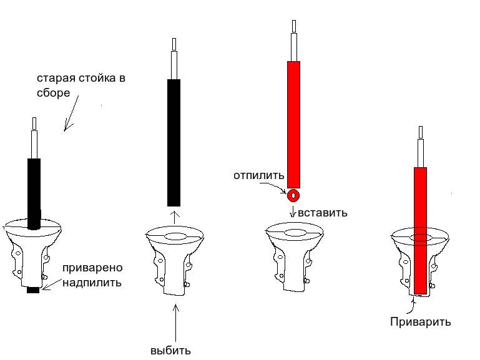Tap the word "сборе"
pos(53,93)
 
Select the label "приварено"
pos(92,268)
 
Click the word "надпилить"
pos(92,283)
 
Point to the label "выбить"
pos(170,351)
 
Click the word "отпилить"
pos(259,176)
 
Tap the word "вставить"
pos(323,213)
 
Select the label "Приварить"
pos(421,322)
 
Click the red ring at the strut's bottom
pos(293,195)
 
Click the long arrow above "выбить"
pos(176,323)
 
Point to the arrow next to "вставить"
pos(293,212)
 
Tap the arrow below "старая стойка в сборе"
pos(71,114)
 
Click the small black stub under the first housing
pos(33,290)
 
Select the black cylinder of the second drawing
pos(174,143)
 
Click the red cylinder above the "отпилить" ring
pos(293,125)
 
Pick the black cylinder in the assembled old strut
pos(34,193)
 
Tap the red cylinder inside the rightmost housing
pos(420,231)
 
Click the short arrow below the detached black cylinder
pos(175,217)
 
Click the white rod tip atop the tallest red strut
pos(294,26)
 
